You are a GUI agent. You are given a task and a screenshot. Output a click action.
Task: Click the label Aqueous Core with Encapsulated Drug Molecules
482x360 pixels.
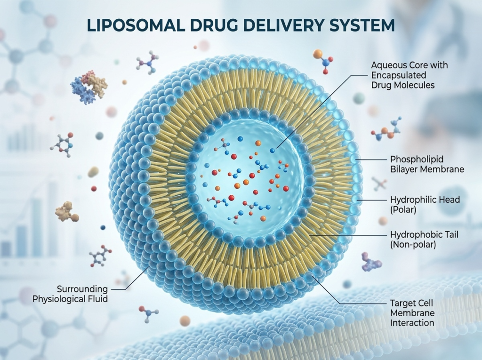pyautogui.click(x=402, y=75)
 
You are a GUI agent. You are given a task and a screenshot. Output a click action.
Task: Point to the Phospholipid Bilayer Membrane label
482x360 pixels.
pyautogui.click(x=427, y=164)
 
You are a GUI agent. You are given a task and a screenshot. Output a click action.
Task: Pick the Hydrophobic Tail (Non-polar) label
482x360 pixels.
pyautogui.click(x=425, y=239)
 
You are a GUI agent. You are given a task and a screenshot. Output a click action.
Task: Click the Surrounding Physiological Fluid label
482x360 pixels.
pyautogui.click(x=70, y=294)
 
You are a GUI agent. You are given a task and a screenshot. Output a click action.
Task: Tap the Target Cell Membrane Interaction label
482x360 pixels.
pyautogui.click(x=412, y=312)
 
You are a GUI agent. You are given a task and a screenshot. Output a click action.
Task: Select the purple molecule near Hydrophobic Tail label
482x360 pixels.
pyautogui.click(x=371, y=262)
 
